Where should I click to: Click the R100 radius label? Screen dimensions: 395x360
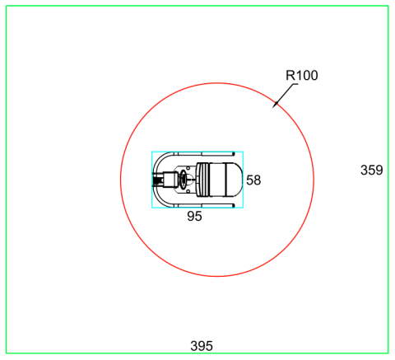click(302, 75)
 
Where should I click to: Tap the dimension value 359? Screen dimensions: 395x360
click(371, 171)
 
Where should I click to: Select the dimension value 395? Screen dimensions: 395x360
click(202, 346)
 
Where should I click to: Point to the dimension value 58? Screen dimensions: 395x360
click(253, 180)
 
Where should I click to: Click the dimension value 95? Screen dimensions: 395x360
click(194, 217)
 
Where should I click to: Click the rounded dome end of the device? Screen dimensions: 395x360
click(234, 180)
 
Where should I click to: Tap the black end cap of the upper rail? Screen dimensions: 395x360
click(233, 153)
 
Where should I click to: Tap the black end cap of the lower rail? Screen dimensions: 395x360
click(233, 205)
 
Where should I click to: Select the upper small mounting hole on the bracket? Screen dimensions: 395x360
click(188, 168)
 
